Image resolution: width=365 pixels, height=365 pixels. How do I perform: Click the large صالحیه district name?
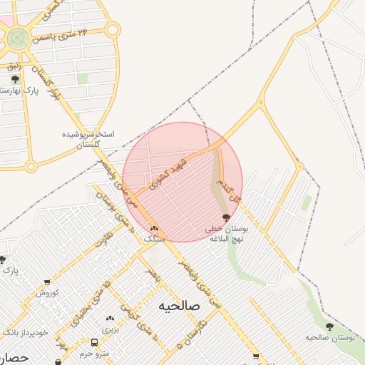click(180, 305)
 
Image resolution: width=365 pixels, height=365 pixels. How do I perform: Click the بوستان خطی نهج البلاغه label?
click(225, 234)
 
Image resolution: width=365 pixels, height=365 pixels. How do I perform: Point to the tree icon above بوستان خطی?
click(226, 218)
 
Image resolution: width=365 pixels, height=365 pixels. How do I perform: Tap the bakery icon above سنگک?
click(154, 229)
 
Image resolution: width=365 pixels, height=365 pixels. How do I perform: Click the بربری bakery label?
click(110, 330)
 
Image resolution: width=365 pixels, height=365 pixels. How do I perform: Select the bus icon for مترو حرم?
click(95, 342)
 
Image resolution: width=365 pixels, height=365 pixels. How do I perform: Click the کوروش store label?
click(46, 293)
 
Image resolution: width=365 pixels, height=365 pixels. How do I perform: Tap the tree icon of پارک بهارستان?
click(15, 79)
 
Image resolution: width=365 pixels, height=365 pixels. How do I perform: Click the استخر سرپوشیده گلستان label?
click(90, 139)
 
